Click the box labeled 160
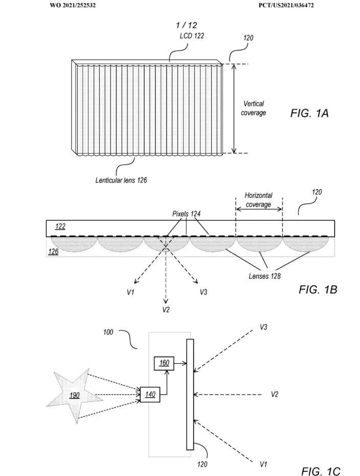[164, 363]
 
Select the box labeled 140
[150, 394]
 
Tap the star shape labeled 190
[74, 395]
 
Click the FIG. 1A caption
[309, 113]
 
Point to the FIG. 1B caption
[318, 289]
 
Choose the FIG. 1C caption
[321, 471]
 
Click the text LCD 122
[192, 36]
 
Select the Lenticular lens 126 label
[121, 180]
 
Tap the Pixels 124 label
[186, 214]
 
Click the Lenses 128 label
[265, 276]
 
